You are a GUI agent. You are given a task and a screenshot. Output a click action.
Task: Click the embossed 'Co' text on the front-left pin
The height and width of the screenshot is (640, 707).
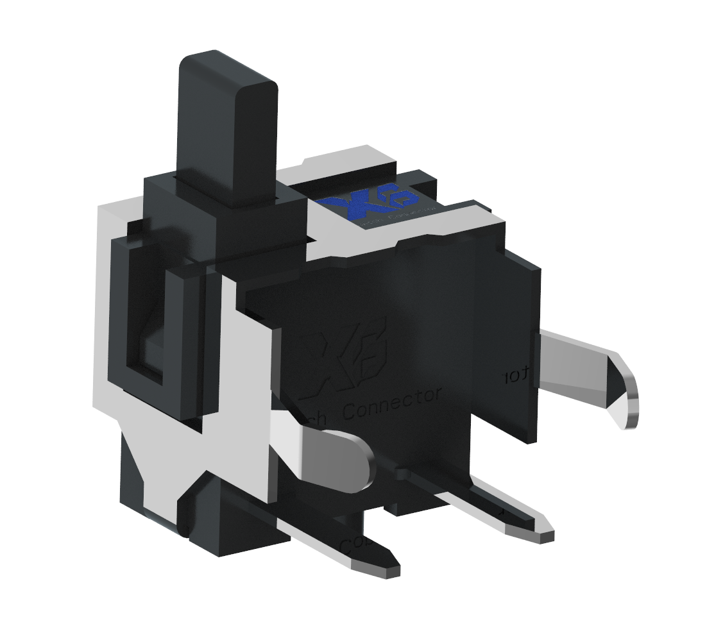[352, 544]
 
